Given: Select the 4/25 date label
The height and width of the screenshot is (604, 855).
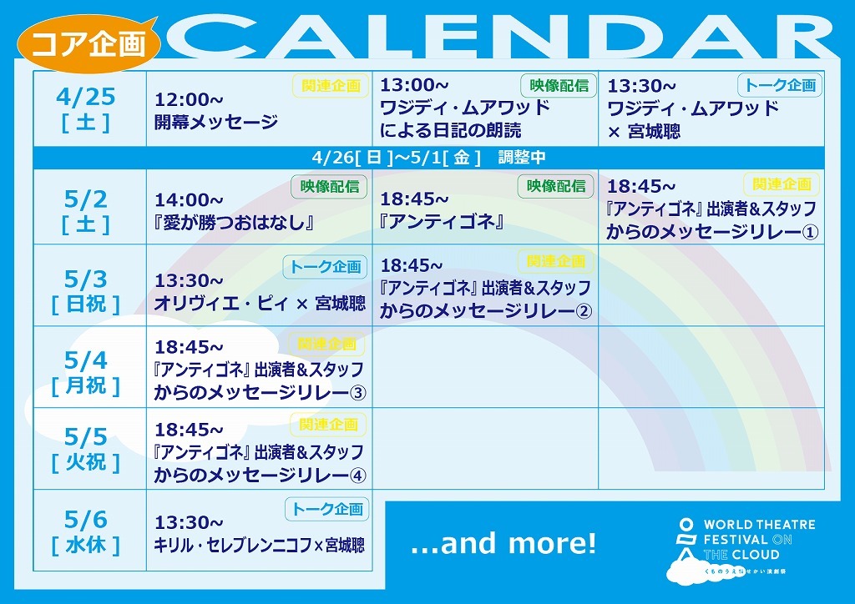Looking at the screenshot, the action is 86,97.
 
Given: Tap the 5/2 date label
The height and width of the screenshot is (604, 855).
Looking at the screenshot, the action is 86,199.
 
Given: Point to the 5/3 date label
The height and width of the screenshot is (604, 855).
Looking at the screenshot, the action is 86,279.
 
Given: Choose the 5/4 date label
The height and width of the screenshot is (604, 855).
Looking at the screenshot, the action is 86,360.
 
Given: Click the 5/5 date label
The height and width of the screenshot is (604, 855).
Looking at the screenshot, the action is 86,437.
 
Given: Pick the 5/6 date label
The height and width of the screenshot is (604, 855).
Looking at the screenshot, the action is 86,520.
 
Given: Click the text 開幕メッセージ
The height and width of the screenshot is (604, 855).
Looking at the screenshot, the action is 216,122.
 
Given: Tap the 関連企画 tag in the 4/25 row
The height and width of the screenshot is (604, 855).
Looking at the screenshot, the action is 331,85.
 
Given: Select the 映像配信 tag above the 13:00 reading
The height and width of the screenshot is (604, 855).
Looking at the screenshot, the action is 559,85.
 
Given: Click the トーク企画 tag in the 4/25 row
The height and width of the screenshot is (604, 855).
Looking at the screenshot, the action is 781,85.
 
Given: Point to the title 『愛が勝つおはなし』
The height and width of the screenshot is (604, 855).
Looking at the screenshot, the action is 235,223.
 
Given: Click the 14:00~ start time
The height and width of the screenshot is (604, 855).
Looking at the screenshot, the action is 189,200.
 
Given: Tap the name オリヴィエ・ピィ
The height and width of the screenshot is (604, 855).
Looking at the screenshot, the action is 221,304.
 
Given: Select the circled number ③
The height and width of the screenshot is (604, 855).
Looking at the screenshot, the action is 357,393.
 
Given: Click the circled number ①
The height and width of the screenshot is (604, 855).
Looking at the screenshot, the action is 810,233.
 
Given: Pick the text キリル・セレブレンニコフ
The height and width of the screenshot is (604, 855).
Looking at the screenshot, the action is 233,545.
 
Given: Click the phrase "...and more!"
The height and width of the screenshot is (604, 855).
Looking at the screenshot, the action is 503,544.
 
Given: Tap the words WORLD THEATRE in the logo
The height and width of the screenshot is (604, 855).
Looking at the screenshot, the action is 760,525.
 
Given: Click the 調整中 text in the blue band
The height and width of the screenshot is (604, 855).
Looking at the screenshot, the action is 522,158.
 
